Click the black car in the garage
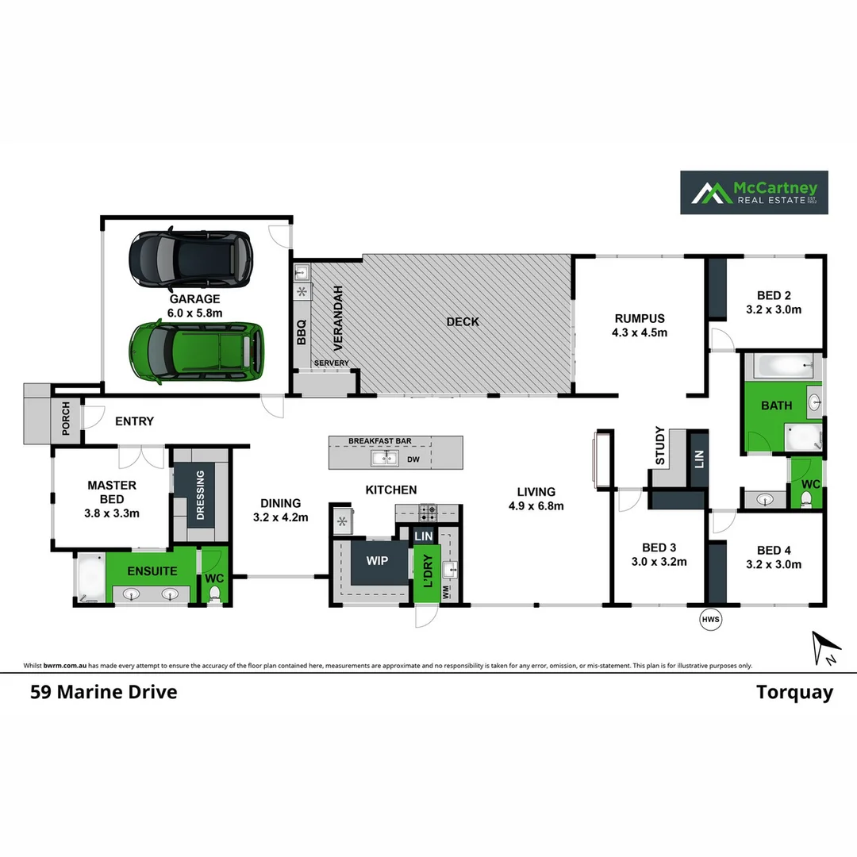[x=190, y=259]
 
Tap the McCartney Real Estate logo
[x=753, y=192]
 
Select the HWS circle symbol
[x=711, y=620]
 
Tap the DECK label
[x=463, y=321]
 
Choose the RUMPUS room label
[x=640, y=318]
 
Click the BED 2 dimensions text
[x=774, y=309]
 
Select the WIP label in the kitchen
[x=377, y=561]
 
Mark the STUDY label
[x=660, y=447]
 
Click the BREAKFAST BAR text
[x=380, y=440]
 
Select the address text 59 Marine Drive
[x=103, y=692]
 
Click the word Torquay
[x=794, y=692]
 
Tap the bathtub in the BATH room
[x=784, y=367]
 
